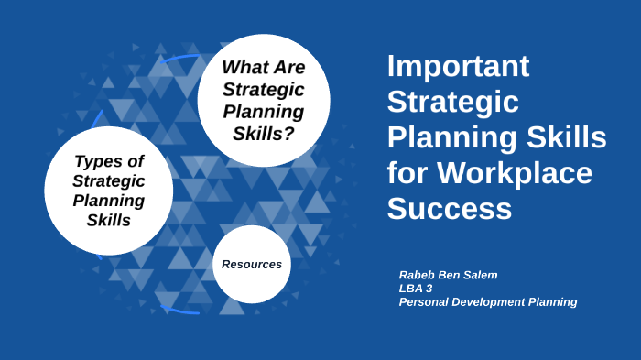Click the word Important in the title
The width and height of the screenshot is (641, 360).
pos(459,67)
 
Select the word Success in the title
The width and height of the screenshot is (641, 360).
pos(449,208)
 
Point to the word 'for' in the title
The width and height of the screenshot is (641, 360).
pos(407,172)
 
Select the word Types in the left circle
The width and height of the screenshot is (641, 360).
pos(97,161)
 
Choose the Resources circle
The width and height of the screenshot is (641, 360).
pos(252,264)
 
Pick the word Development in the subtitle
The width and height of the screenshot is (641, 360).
pos(490,301)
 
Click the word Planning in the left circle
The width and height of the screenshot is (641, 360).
pos(109,200)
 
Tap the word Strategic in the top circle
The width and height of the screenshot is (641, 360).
pos(264,90)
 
